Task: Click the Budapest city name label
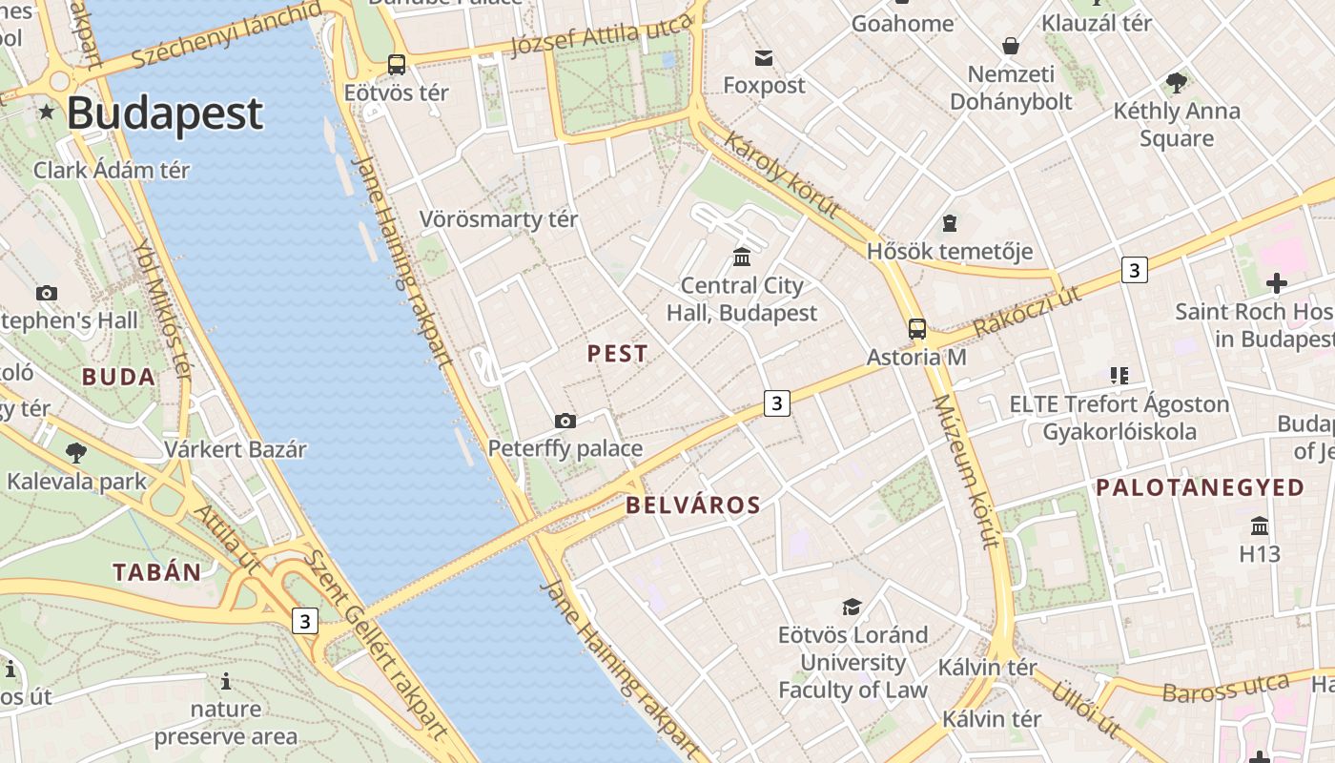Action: pos(164,113)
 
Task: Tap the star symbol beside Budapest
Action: pos(46,113)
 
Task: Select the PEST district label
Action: pos(617,354)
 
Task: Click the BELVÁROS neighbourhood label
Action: pos(693,505)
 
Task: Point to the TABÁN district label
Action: pos(157,572)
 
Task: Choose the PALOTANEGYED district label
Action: pos(1200,487)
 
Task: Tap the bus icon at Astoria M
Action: pos(916,329)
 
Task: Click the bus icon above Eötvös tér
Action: pos(396,65)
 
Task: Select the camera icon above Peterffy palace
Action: pos(565,421)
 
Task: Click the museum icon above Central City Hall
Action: pos(742,257)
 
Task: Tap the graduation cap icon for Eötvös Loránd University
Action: pos(852,607)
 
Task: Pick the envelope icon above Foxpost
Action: pos(764,58)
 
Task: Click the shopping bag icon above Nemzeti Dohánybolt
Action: pos(1010,46)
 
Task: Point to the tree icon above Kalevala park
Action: pos(76,452)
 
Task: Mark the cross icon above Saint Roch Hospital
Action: pos(1276,283)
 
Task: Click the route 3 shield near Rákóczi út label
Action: pos(1133,270)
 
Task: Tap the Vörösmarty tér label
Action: pos(499,219)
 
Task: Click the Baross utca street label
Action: pos(1226,688)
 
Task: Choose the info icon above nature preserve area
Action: pos(226,681)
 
